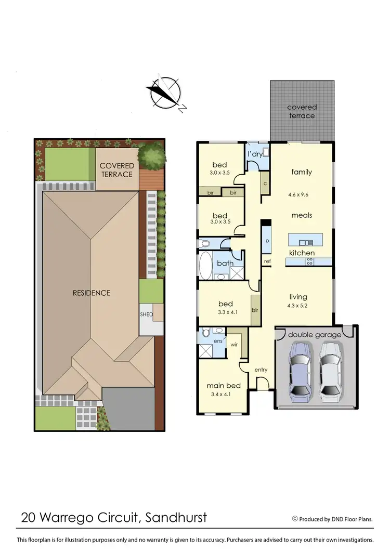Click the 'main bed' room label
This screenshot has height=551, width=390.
[x=224, y=385]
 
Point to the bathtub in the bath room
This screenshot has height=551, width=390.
[x=205, y=266]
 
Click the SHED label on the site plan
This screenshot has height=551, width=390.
[x=146, y=315]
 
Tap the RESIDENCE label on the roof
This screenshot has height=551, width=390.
[x=92, y=293]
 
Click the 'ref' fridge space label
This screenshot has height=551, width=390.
[x=267, y=261]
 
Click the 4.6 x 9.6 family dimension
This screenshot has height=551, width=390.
[x=302, y=195]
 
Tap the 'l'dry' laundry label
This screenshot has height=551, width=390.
[x=255, y=154]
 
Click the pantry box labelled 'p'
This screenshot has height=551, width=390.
[x=267, y=241]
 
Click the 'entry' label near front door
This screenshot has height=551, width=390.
[x=261, y=370]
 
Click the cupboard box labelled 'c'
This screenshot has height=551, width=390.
[x=265, y=183]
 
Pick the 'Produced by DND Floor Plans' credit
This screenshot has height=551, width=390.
[x=340, y=519]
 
